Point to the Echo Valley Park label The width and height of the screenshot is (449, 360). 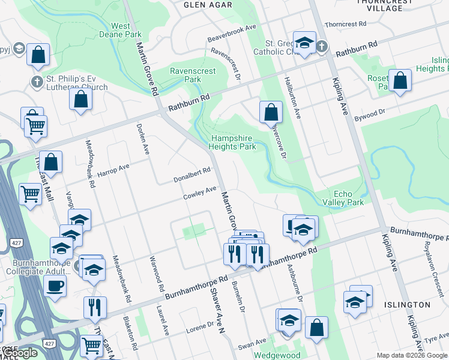(x=349, y=198)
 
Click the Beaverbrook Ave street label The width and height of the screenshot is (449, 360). (x=232, y=35)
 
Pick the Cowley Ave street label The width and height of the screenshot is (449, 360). (x=200, y=193)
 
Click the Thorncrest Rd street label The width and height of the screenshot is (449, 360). (x=345, y=25)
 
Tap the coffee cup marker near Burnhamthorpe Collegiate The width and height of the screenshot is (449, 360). (x=56, y=286)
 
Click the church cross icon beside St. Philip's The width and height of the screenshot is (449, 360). (x=37, y=82)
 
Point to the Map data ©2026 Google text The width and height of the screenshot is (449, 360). (x=411, y=355)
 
